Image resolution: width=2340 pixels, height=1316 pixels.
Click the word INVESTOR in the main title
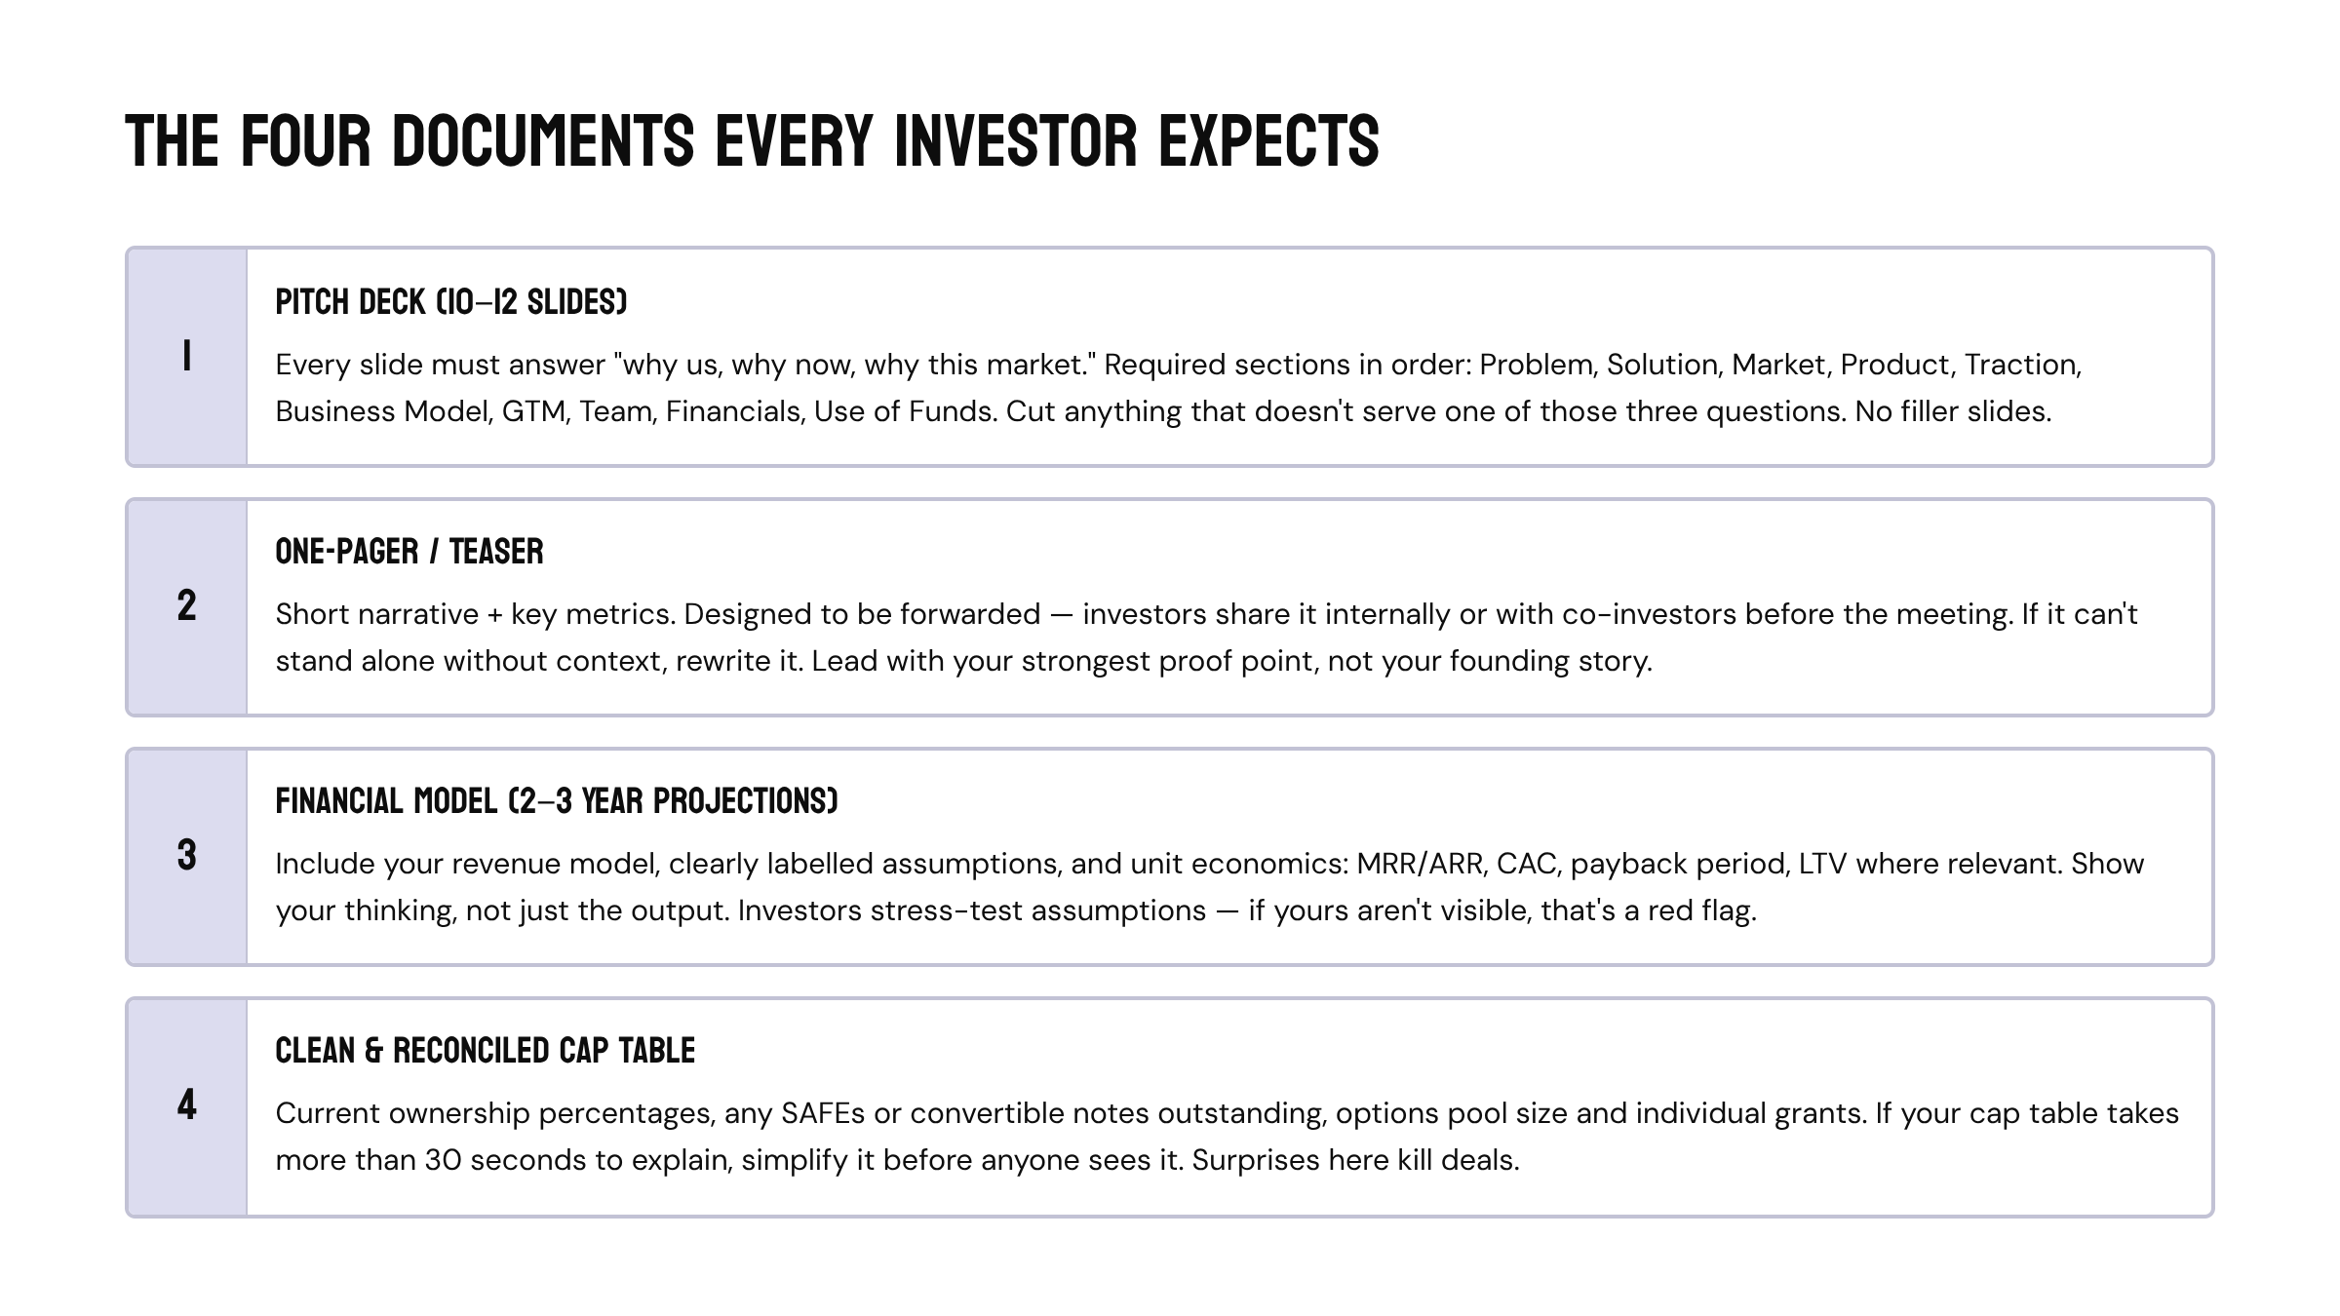(x=1015, y=141)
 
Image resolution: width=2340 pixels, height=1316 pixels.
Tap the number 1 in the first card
(x=186, y=357)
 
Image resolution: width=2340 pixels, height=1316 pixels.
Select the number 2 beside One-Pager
(x=186, y=606)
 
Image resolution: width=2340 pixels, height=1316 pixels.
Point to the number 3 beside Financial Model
(x=186, y=856)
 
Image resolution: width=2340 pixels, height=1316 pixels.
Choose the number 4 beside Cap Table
(x=186, y=1105)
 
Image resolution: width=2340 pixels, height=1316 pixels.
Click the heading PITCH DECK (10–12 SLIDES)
(x=450, y=302)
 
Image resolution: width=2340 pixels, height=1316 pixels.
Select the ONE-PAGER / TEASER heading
(x=409, y=552)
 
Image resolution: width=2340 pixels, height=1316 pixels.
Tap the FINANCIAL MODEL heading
(x=556, y=801)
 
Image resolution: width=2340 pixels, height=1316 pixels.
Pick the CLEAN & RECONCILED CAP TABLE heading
(x=485, y=1051)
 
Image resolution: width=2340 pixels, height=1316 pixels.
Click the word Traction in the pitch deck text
(x=2021, y=365)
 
